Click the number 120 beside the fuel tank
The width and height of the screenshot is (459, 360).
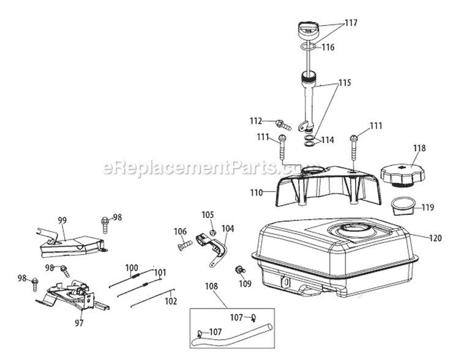435,238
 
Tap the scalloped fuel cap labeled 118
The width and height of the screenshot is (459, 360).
403,176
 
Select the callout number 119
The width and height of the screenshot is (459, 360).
428,208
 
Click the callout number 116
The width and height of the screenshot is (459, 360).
328,47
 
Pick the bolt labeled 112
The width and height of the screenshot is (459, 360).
283,125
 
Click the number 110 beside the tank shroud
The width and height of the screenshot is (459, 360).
256,193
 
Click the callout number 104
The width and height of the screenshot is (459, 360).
228,228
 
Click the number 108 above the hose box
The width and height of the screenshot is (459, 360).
211,286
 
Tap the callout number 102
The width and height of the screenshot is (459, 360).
171,301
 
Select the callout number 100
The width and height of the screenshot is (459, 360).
132,268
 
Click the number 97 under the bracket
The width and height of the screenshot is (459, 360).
80,323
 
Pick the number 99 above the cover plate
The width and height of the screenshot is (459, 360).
62,220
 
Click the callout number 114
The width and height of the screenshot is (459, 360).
327,140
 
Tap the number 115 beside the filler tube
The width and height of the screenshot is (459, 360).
345,83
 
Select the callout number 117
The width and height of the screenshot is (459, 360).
351,23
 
